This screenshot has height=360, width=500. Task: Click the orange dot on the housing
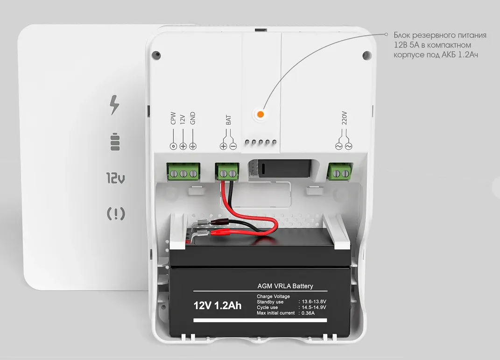260,114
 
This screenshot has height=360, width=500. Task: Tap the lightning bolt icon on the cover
114,105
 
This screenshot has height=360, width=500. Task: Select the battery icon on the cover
115,141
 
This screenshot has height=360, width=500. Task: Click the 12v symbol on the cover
115,178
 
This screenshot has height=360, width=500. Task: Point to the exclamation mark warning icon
116,213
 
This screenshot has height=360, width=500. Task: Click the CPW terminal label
173,118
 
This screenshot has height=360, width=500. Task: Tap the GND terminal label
192,118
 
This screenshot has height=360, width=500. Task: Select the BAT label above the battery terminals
228,120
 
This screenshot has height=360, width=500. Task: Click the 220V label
344,118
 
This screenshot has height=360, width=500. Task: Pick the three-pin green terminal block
183,172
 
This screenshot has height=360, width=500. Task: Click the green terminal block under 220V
340,172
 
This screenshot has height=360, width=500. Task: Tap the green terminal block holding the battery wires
227,172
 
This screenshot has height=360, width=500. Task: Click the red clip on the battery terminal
218,233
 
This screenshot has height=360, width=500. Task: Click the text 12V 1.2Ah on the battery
218,305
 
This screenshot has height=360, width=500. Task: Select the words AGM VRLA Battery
285,286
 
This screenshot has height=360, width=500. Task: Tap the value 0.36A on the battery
308,313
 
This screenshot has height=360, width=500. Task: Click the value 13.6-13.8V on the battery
314,302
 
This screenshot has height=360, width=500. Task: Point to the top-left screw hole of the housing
156,55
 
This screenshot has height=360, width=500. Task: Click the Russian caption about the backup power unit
440,45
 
